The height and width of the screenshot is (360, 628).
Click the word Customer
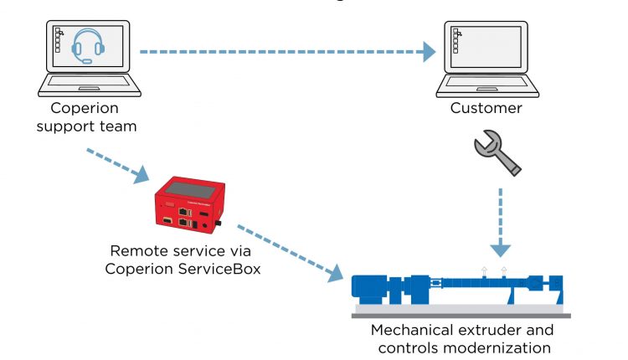486,108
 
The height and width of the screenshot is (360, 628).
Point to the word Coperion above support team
85,108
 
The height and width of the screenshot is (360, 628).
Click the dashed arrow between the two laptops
285,52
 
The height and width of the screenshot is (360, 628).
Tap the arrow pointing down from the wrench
501,222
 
